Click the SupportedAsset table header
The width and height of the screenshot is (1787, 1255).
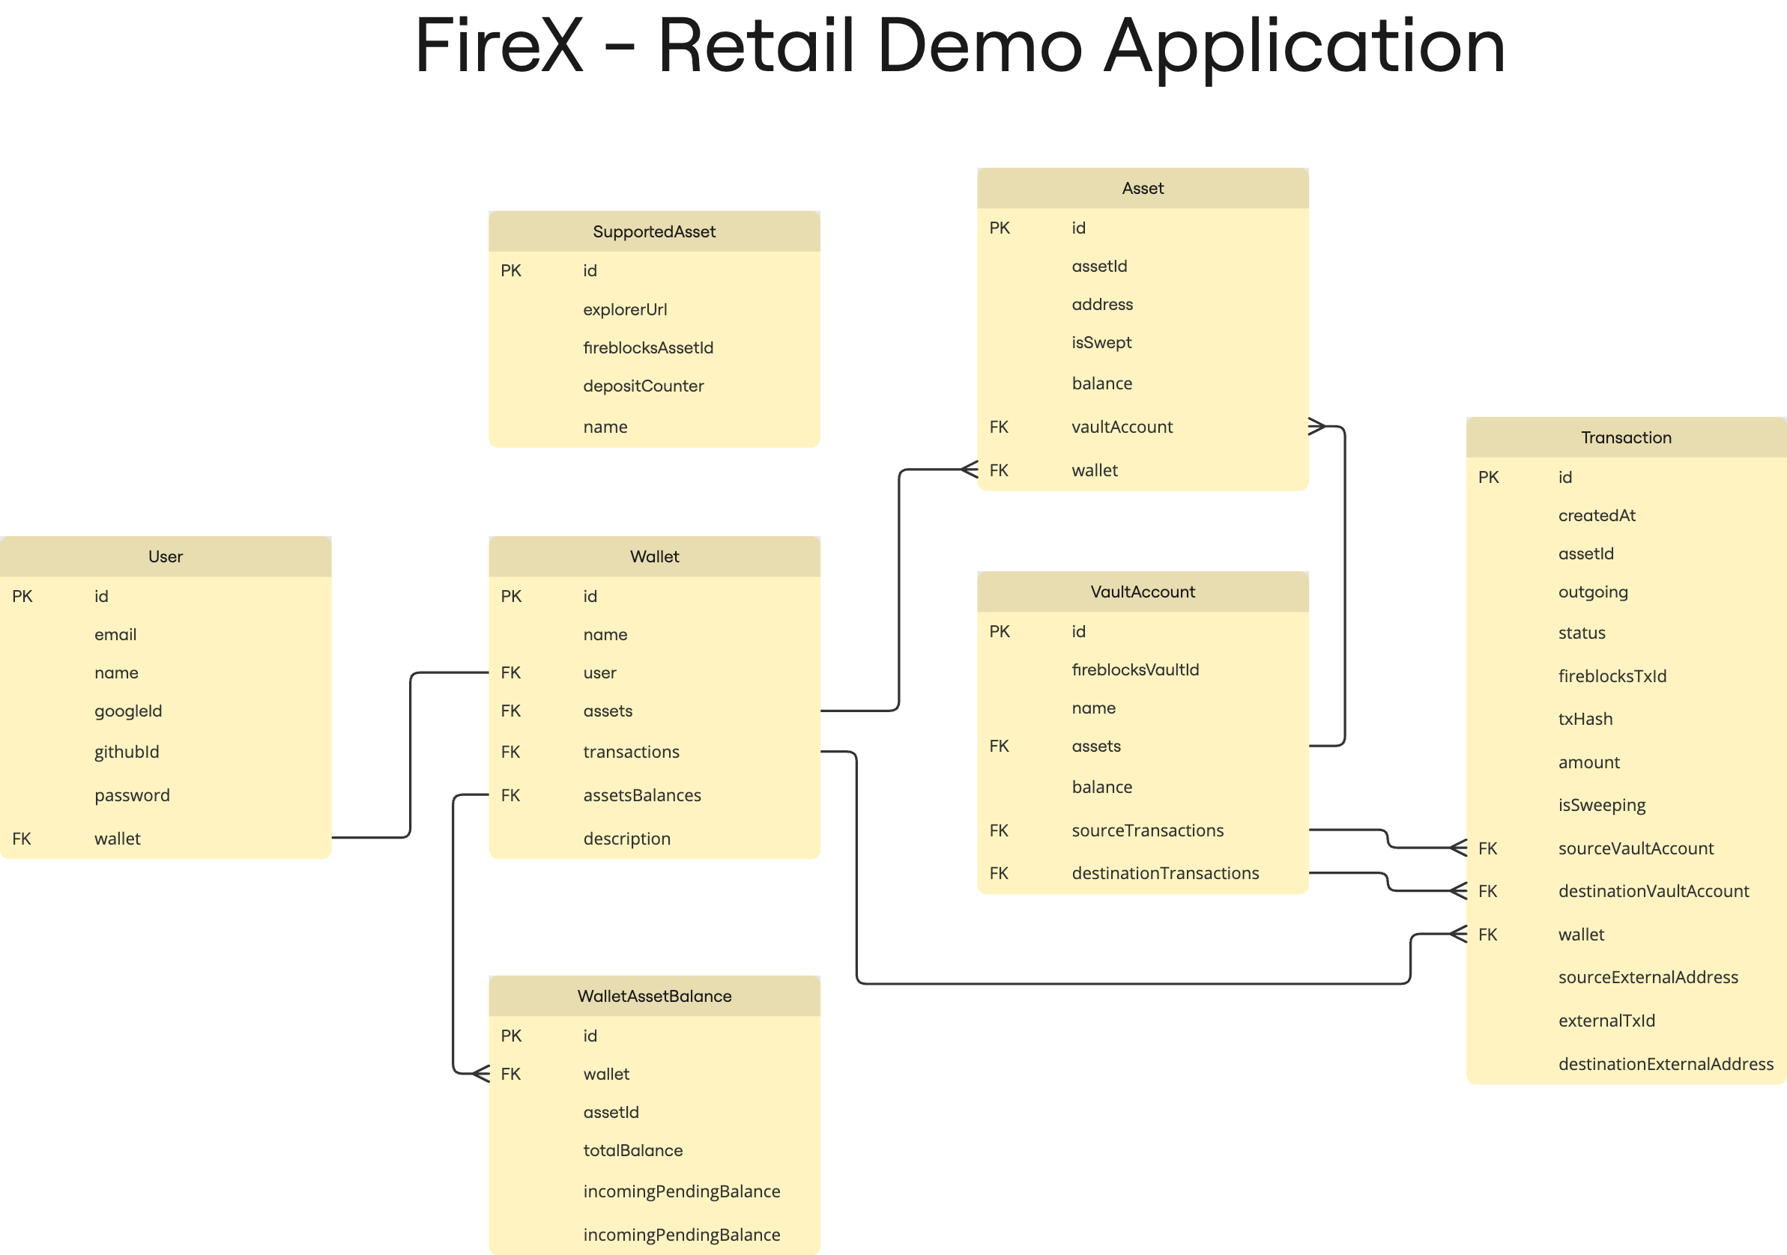[x=654, y=231]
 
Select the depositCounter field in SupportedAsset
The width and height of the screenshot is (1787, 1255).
[x=643, y=386]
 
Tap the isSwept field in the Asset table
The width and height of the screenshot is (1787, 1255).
[x=1101, y=342]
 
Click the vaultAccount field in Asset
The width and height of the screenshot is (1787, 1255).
[x=1121, y=426]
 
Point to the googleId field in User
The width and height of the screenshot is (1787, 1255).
[x=128, y=711]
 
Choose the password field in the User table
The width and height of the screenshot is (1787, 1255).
[x=132, y=795]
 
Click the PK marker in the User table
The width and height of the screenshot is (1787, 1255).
[x=22, y=596]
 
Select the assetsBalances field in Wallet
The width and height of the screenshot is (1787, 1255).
[x=641, y=795]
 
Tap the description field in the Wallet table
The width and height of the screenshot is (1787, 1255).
[x=626, y=839]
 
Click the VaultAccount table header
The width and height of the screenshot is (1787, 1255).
[x=1142, y=592]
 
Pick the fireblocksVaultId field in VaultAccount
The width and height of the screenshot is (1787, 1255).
[x=1135, y=669]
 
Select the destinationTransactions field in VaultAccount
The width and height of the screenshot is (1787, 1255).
[x=1164, y=873]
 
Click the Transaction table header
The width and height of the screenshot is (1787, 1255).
[x=1625, y=437]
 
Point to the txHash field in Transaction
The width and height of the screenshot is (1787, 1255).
[x=1585, y=719]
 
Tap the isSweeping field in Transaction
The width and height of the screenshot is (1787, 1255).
[x=1601, y=804]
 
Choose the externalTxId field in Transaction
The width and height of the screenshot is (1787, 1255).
[x=1606, y=1020]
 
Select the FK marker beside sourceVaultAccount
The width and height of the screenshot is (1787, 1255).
[x=1487, y=848]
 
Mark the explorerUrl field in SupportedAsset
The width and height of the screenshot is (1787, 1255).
[x=624, y=309]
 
